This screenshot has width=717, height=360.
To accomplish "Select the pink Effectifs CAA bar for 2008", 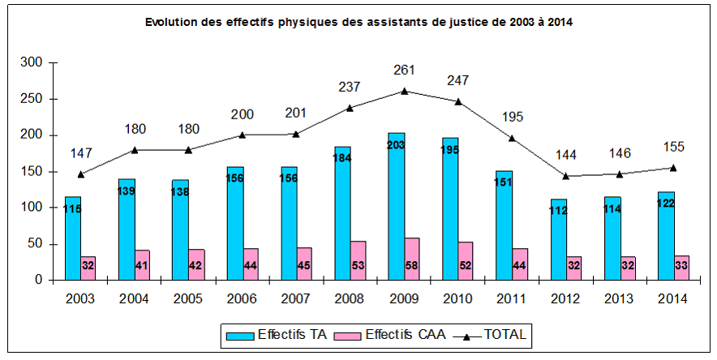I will tap(358, 260).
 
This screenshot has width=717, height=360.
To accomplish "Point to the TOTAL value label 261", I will tap(405, 71).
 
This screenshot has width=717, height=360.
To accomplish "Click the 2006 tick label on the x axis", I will tap(243, 298).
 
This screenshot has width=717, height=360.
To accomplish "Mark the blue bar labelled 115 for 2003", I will tap(73, 238).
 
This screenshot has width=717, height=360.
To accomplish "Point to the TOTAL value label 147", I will tap(81, 153).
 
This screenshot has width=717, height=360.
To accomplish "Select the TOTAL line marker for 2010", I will tap(458, 101).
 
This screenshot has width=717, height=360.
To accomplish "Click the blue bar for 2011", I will tap(504, 225).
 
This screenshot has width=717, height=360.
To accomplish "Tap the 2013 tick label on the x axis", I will tap(620, 298).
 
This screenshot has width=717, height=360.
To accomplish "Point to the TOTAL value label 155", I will tap(673, 147).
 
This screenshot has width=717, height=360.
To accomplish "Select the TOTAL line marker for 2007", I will tap(297, 135).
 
